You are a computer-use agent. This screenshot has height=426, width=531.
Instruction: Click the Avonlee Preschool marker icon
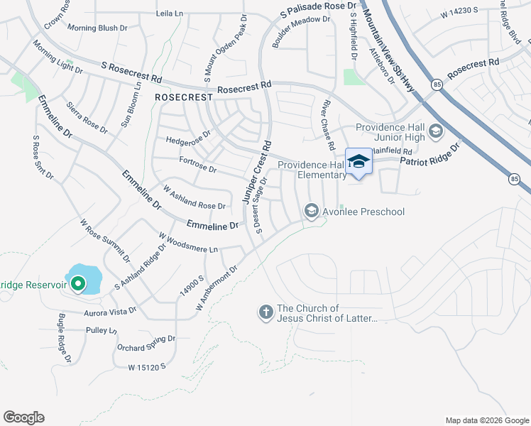(x=311, y=210)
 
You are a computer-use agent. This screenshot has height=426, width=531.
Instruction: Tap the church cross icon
(x=266, y=312)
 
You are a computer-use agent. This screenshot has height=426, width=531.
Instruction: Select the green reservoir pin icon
(x=77, y=284)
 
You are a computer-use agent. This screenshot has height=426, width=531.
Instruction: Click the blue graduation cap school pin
(x=358, y=163)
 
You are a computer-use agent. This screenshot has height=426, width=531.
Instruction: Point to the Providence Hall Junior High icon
(x=436, y=131)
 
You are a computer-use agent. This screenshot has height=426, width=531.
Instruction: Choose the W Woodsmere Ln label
(x=188, y=243)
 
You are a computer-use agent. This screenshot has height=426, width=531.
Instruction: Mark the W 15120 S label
(x=146, y=367)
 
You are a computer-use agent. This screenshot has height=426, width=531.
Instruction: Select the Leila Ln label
(x=170, y=13)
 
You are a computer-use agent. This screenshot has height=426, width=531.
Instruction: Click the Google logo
(x=24, y=417)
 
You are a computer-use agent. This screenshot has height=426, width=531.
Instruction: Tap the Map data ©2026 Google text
(x=486, y=420)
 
